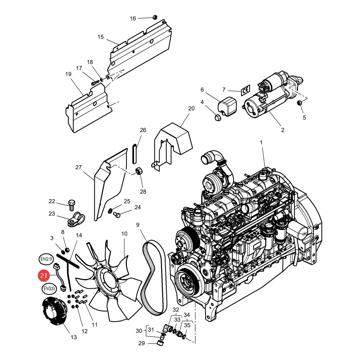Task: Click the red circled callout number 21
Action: click(x=44, y=275)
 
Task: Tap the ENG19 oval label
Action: click(x=46, y=259)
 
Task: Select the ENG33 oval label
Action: click(x=49, y=288)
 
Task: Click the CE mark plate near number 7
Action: click(x=245, y=90)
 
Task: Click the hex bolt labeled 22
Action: click(x=72, y=205)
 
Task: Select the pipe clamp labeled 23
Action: click(x=76, y=219)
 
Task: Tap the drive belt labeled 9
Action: click(x=154, y=277)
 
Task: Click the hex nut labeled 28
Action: click(x=139, y=171)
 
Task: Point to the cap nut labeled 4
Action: click(x=218, y=118)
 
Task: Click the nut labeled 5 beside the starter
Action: click(x=300, y=103)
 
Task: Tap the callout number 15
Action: click(x=100, y=37)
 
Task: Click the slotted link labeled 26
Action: click(x=135, y=153)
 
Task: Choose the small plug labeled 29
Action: click(x=160, y=343)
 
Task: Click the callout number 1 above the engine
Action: click(x=261, y=142)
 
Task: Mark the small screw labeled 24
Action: click(x=117, y=215)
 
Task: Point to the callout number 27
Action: click(x=78, y=167)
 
